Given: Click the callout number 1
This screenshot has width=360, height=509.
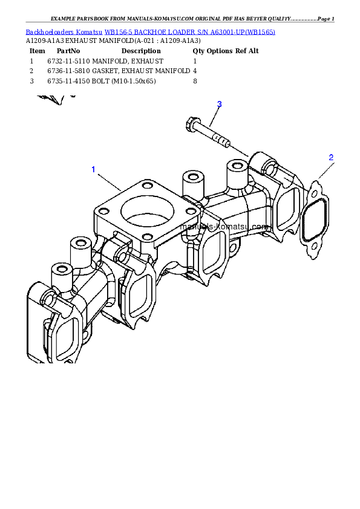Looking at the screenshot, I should coord(93,169).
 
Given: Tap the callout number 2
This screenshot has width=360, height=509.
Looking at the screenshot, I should coord(331,157).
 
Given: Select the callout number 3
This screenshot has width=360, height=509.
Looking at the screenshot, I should coord(220,104).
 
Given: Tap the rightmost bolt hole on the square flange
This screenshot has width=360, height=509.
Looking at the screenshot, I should coord(191,211).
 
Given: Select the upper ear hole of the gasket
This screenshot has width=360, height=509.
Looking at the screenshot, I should coord(315,191).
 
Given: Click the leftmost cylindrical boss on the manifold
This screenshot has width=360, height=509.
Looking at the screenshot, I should coord(61,271).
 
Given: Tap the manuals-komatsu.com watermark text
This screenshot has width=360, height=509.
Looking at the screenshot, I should coord(224,225).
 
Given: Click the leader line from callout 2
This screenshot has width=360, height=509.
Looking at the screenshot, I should coord(323,172).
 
